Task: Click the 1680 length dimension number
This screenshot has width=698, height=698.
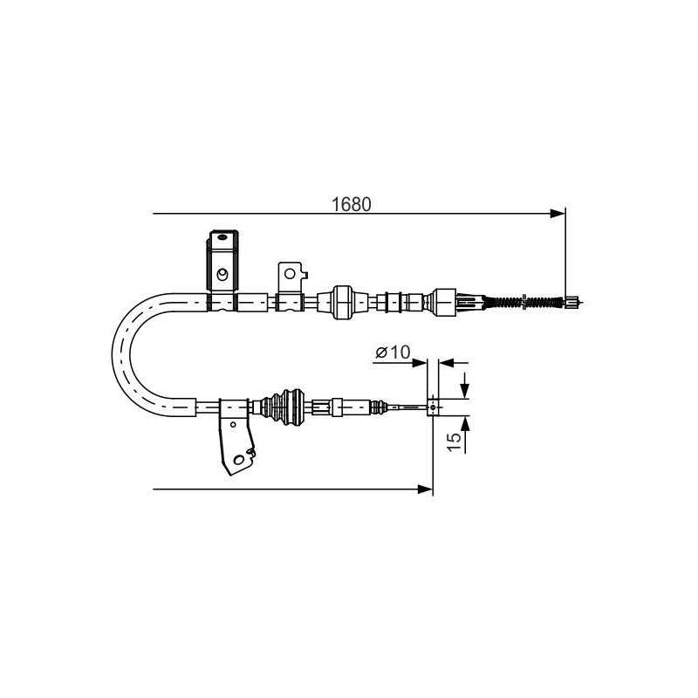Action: [352, 204]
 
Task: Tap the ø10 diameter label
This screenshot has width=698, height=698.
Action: [393, 352]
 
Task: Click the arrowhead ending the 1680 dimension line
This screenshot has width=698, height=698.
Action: [558, 214]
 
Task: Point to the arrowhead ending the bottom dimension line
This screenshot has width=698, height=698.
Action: [425, 489]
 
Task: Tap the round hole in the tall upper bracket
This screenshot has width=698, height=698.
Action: [222, 274]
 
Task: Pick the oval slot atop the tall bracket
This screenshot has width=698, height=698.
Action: [222, 236]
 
